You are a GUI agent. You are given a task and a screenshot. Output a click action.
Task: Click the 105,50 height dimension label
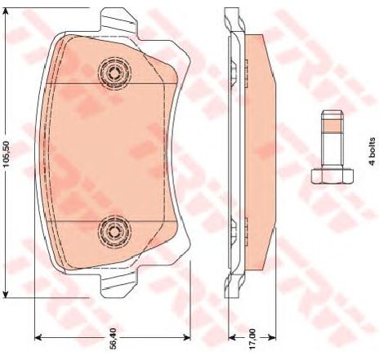(6, 154)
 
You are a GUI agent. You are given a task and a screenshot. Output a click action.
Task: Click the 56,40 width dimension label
(114, 338)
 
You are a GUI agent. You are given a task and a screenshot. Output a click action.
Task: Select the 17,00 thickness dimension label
(252, 339)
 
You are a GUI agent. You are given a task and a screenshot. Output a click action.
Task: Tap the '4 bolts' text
(372, 151)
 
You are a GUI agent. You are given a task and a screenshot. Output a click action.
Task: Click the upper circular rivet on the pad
(114, 73)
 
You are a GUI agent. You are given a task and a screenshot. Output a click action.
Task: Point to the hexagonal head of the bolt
(332, 176)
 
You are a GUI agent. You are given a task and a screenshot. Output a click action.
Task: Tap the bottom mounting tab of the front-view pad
(119, 284)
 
